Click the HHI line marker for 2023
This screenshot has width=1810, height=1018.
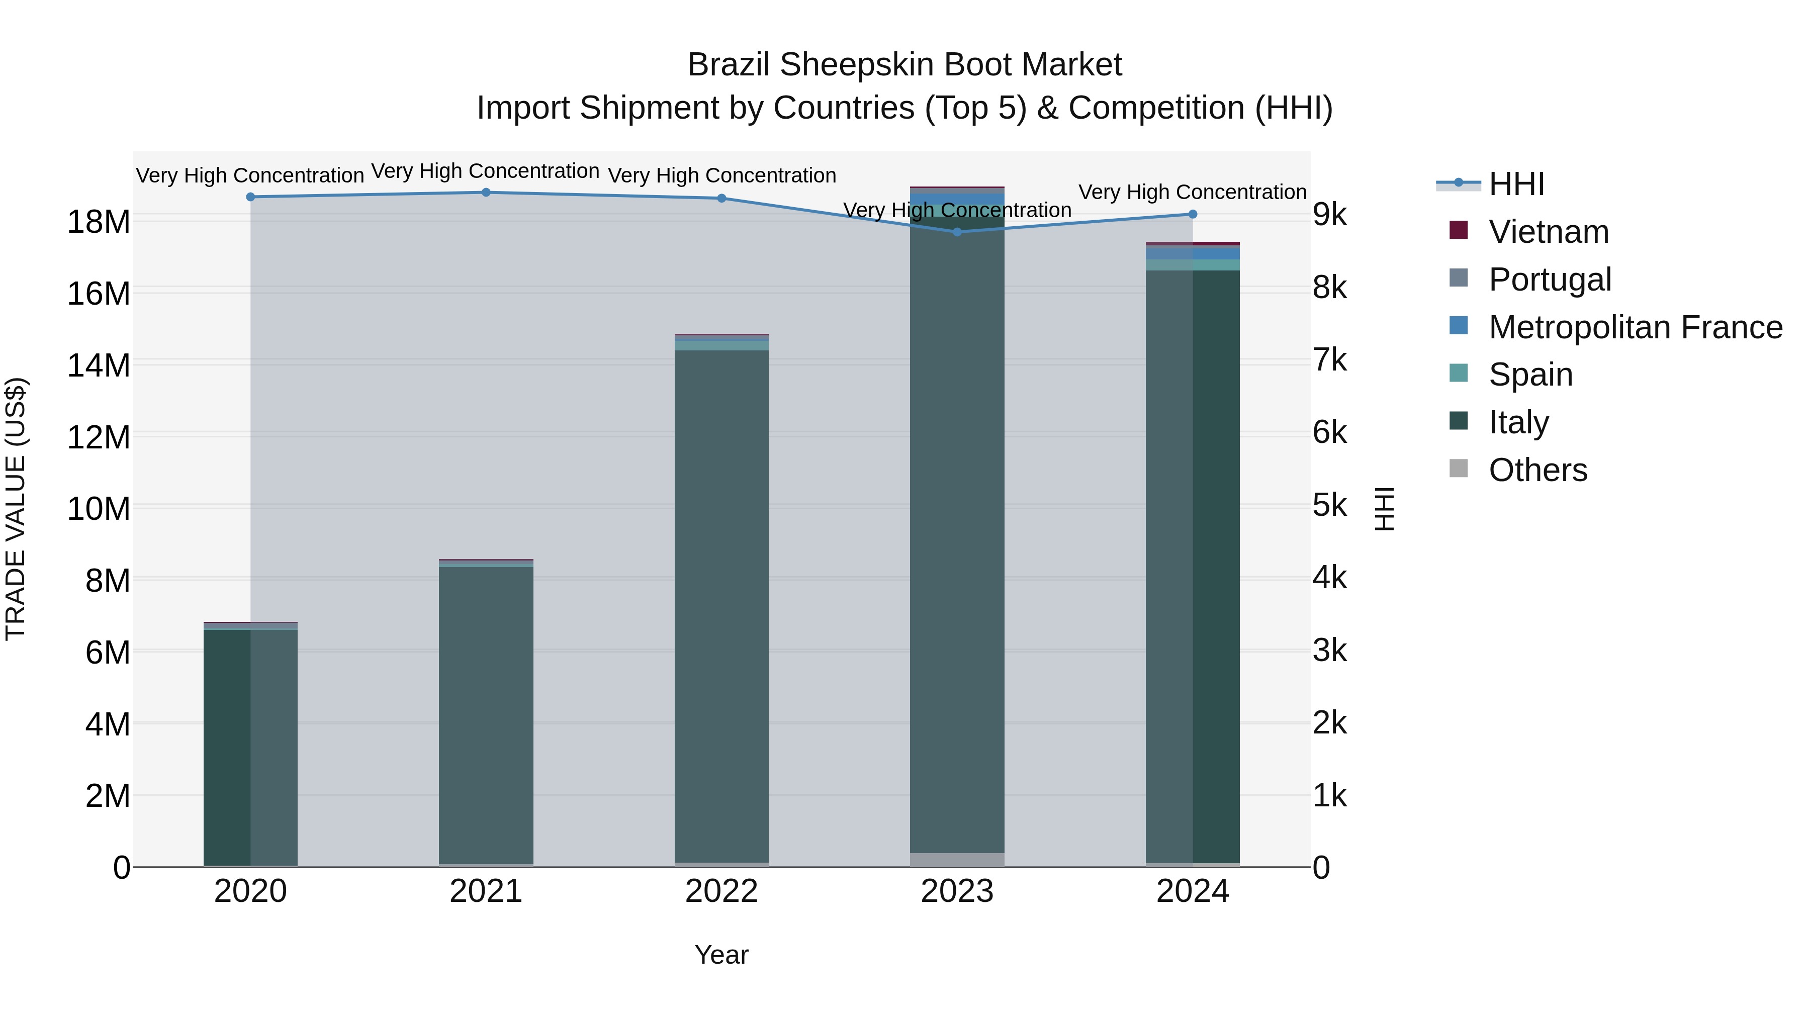tap(957, 232)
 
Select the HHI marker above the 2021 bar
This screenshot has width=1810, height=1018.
tap(486, 193)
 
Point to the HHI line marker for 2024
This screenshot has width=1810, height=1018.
tap(1193, 214)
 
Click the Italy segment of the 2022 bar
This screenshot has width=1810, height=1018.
tap(721, 604)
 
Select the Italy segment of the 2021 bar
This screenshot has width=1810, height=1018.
tap(486, 713)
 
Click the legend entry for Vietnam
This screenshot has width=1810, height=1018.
tap(1548, 232)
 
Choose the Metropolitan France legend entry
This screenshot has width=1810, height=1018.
tap(1635, 327)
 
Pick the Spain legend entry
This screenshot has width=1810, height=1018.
tap(1530, 375)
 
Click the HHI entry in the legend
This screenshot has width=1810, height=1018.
tap(1516, 184)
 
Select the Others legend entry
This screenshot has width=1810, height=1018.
tap(1537, 470)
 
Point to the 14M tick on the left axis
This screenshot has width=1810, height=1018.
tap(99, 365)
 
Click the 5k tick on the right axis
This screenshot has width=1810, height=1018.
tap(1329, 506)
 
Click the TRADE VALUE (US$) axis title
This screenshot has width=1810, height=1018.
tap(16, 509)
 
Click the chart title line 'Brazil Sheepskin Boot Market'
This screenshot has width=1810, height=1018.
tap(904, 65)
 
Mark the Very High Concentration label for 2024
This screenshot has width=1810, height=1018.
tap(1193, 192)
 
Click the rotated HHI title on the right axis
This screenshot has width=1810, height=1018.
tap(1384, 509)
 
